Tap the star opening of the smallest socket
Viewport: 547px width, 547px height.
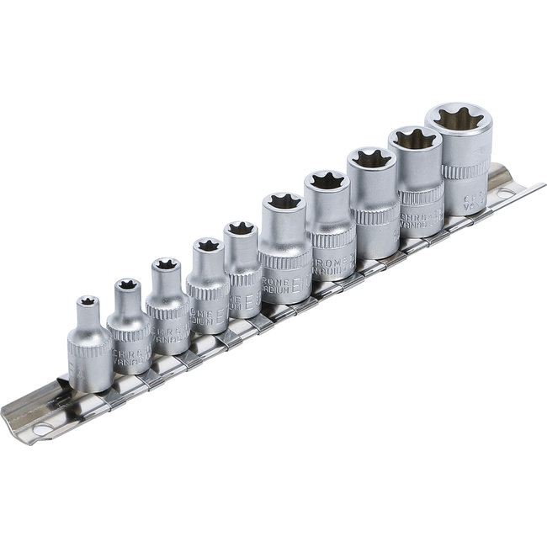pyautogui.click(x=86, y=300)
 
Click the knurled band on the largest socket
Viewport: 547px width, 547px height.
pyautogui.click(x=465, y=167)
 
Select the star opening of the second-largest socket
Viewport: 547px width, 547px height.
pyautogui.click(x=414, y=139)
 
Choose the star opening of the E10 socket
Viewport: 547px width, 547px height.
pyautogui.click(x=283, y=200)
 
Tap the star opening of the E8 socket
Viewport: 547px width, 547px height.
pyautogui.click(x=241, y=228)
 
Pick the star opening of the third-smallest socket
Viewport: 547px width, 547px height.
pyautogui.click(x=165, y=268)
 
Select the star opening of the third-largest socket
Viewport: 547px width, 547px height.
pyautogui.click(x=370, y=157)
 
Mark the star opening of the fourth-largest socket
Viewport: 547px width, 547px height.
pyautogui.click(x=327, y=178)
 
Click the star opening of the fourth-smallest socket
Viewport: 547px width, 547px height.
pyautogui.click(x=204, y=245)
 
